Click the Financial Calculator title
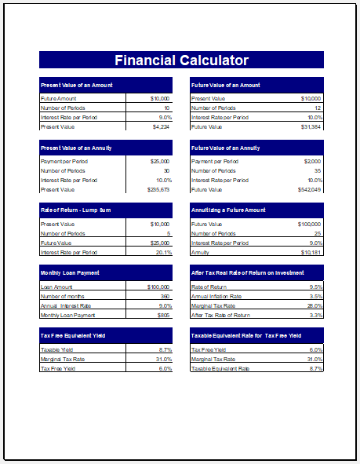click(x=181, y=60)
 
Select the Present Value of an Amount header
click(x=76, y=85)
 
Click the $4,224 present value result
click(x=161, y=126)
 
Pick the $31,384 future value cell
click(x=311, y=126)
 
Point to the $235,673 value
click(x=158, y=189)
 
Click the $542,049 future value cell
click(x=309, y=189)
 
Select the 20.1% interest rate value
click(x=163, y=252)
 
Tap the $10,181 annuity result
click(x=311, y=252)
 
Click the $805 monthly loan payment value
click(x=163, y=315)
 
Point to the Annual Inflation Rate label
click(x=216, y=296)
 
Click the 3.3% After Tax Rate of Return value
click(x=315, y=315)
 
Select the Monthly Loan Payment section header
click(x=69, y=272)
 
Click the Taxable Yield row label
click(x=56, y=349)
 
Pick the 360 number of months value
click(x=164, y=296)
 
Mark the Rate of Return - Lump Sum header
click(x=76, y=210)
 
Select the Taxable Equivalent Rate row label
click(x=220, y=368)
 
